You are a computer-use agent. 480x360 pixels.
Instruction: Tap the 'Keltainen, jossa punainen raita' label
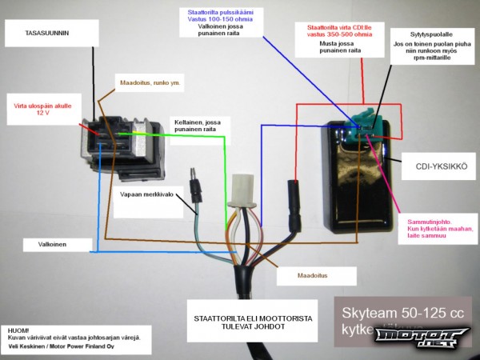198,126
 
